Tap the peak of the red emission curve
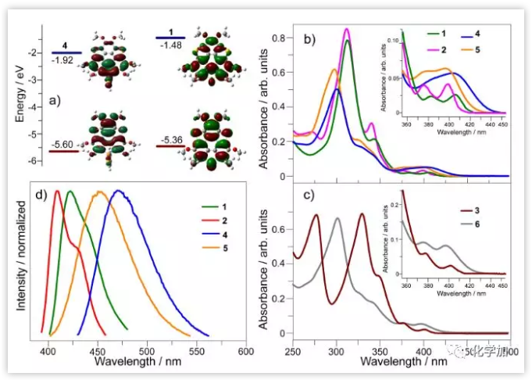tap(57, 191)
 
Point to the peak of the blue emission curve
tap(119, 191)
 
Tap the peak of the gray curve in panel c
tap(337, 218)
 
